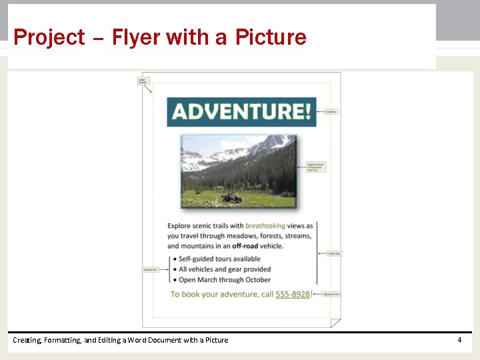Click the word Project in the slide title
(x=49, y=37)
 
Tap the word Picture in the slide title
(x=271, y=37)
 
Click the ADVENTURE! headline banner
(x=241, y=111)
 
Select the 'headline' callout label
(x=331, y=112)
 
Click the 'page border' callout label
(x=142, y=81)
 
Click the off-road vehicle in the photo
(x=232, y=197)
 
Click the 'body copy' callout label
(x=334, y=253)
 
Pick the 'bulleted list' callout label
(x=149, y=269)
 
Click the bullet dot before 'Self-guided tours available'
(x=174, y=259)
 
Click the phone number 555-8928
(x=292, y=294)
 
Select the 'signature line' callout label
(x=331, y=294)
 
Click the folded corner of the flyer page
(x=335, y=323)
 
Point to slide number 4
(x=459, y=340)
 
